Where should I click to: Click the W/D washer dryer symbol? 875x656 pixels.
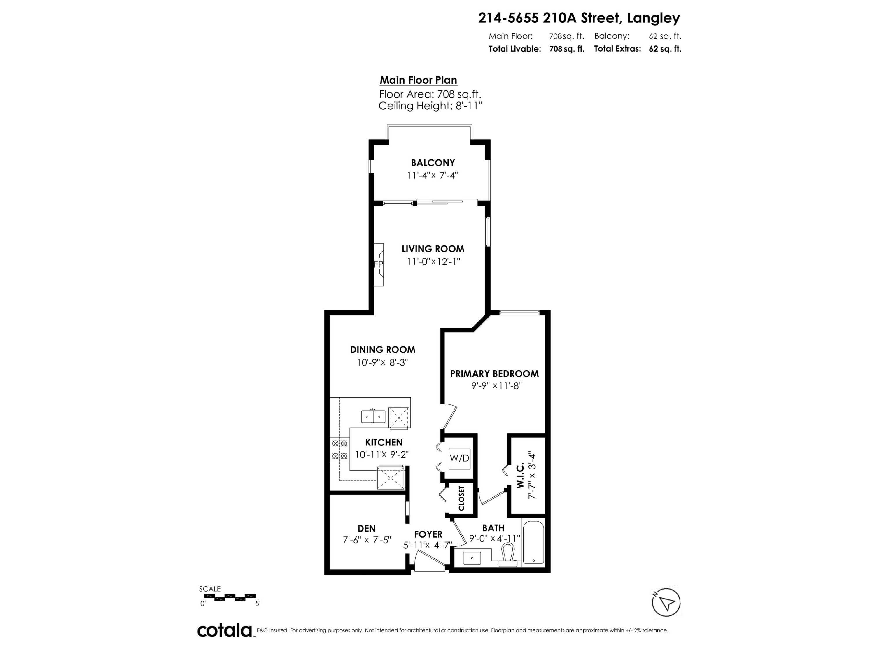tap(459, 458)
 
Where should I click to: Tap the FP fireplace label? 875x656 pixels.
tap(378, 264)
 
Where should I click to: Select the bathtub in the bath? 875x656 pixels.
tap(533, 542)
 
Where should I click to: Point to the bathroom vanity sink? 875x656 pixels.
tap(472, 558)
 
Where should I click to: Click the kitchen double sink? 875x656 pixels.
tap(373, 417)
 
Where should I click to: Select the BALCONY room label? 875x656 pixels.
tap(433, 162)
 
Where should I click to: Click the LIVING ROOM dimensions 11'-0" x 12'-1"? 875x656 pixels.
tap(433, 261)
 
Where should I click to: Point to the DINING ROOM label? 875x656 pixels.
tap(382, 350)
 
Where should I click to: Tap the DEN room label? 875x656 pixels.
tap(366, 528)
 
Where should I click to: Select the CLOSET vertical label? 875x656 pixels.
tap(461, 498)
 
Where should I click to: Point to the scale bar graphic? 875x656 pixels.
tap(228, 597)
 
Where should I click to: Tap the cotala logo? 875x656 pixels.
tap(225, 630)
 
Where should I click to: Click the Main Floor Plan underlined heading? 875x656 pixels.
tap(418, 80)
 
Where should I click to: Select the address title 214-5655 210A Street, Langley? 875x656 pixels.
tap(579, 18)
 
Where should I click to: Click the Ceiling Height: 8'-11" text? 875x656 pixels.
tap(430, 106)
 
